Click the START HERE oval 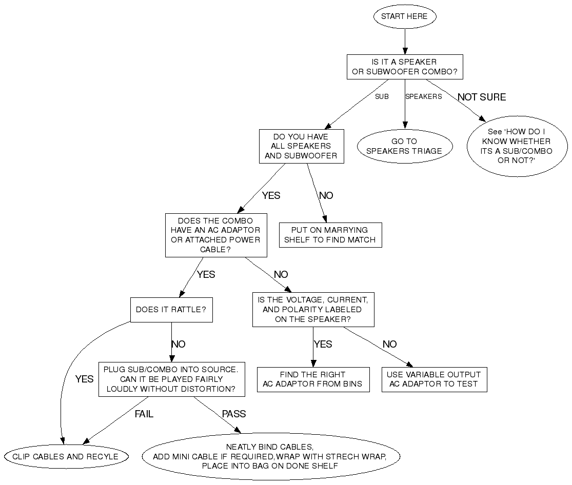coord(405,16)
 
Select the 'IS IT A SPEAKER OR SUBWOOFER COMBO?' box coord(405,67)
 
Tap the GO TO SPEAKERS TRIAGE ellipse coord(404,146)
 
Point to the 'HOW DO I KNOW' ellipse coord(517,146)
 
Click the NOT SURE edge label coord(482,97)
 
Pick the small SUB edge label coord(382,96)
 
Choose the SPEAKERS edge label coord(423,96)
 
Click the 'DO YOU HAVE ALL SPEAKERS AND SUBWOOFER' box coord(301,146)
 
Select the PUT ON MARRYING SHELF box coord(330,235)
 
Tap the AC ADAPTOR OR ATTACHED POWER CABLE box coord(215,235)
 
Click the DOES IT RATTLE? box coord(171,310)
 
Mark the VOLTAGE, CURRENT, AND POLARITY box coord(313,309)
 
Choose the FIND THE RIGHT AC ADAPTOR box coord(312,379)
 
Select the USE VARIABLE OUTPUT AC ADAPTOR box coord(433,379)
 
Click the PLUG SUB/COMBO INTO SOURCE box coord(171,379)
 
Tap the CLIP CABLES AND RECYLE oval coord(65,456)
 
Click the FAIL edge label coord(144,414)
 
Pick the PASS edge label coord(234,414)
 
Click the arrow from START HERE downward coord(405,41)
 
